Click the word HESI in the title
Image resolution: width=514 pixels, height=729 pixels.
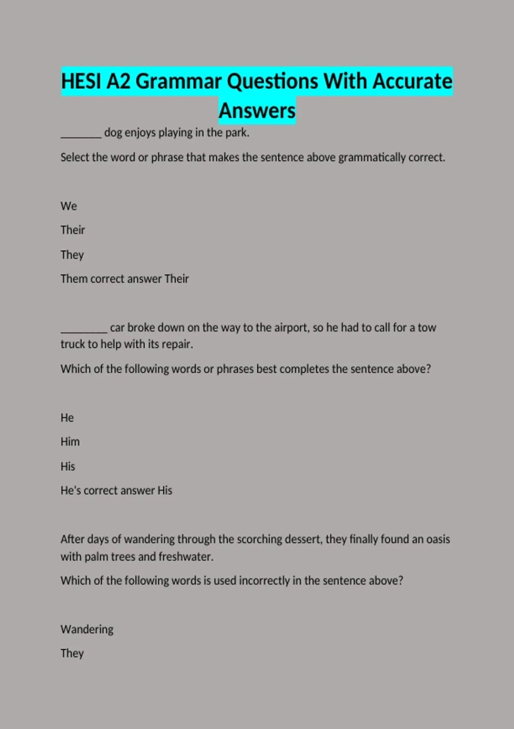coord(81,81)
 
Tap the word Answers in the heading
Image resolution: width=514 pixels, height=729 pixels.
coord(257,111)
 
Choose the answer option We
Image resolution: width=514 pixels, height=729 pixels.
coord(69,206)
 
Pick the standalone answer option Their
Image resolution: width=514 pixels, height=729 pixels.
coord(73,230)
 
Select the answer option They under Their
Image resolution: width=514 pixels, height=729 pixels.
coord(72,255)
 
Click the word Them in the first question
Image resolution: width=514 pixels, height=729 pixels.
coord(74,279)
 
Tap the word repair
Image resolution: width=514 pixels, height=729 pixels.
coord(177,344)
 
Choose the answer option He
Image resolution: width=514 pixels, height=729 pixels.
coord(67,418)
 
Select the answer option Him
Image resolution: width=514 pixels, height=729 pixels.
coord(70,442)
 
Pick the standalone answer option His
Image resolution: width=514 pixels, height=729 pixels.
coord(68,467)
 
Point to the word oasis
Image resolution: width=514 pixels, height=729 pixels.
coord(438,539)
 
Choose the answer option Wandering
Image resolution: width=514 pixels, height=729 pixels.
coord(87,630)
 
